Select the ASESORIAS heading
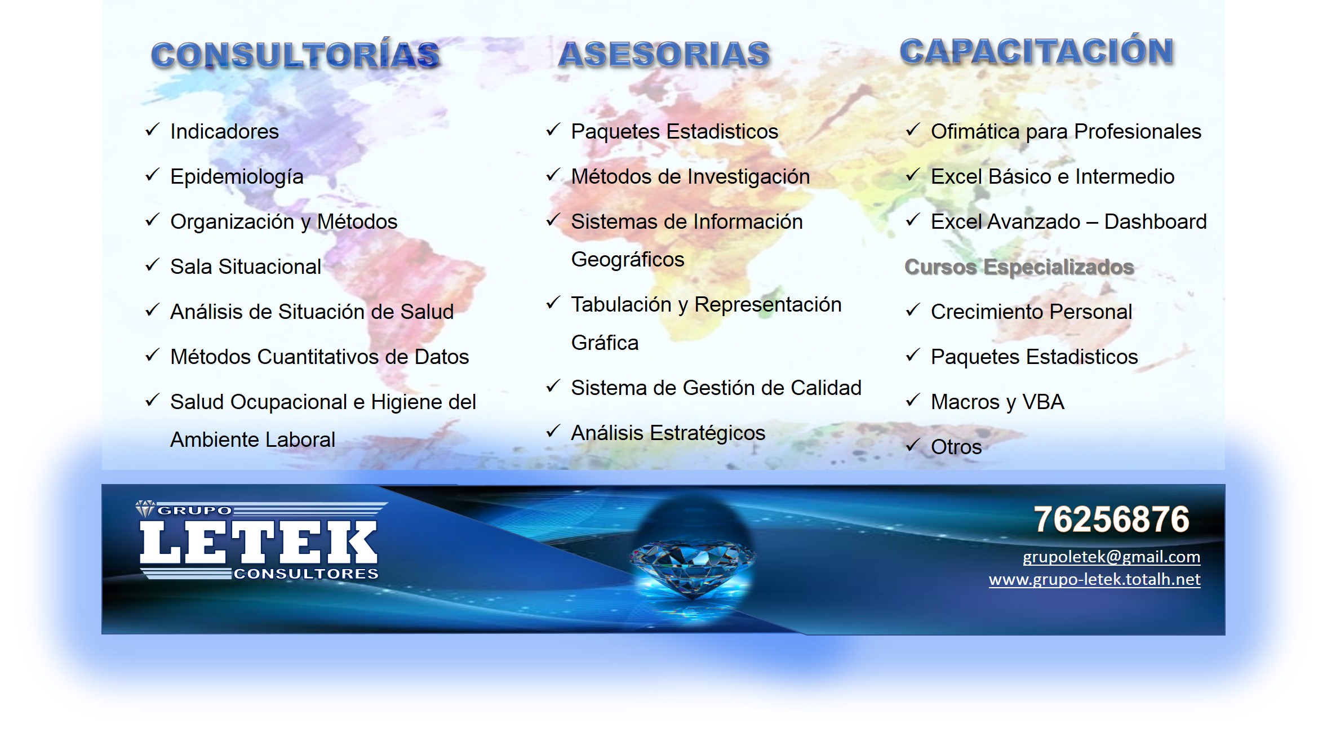[664, 54]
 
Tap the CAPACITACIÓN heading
[1037, 51]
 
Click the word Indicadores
[224, 132]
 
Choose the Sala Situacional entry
[246, 267]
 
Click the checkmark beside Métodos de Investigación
[553, 175]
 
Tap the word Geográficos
[628, 260]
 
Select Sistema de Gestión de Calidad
[716, 388]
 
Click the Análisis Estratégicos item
[668, 433]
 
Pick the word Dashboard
[1155, 222]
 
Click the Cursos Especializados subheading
[1019, 267]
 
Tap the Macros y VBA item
[997, 402]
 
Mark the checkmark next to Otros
[913, 445]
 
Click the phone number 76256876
[1111, 519]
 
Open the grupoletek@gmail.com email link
[1111, 557]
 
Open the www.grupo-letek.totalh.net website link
[1094, 579]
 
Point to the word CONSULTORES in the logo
[306, 574]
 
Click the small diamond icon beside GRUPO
[145, 509]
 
